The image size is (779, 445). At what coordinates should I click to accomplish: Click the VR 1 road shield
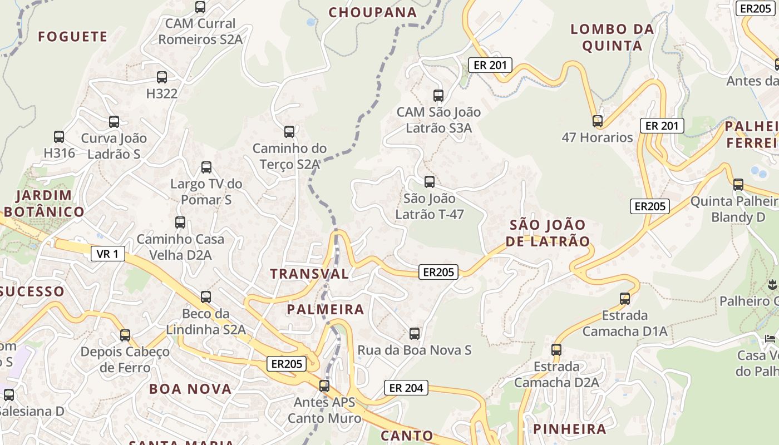[x=107, y=254]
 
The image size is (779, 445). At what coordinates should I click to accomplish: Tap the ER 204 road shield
[x=406, y=388]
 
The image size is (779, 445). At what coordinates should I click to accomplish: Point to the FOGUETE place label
[x=73, y=37]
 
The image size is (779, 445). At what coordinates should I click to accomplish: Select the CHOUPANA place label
[x=373, y=12]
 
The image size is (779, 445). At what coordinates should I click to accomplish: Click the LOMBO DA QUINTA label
[x=612, y=37]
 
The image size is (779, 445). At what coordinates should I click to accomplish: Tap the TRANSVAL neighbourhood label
[x=309, y=274]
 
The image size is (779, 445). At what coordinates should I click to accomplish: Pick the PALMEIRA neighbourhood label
[x=326, y=309]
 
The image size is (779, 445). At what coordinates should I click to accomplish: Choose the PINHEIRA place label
[x=570, y=429]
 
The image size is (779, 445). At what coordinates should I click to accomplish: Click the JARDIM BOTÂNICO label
[x=45, y=204]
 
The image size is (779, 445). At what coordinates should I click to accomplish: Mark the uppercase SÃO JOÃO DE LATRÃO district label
[x=549, y=233]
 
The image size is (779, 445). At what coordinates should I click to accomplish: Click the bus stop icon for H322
[x=162, y=77]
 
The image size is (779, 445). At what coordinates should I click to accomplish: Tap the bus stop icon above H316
[x=59, y=136]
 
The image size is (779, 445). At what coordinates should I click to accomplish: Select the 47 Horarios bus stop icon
[x=598, y=121]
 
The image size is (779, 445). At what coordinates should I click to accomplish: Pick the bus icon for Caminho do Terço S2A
[x=289, y=132]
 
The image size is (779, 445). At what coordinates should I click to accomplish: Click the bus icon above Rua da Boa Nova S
[x=415, y=334]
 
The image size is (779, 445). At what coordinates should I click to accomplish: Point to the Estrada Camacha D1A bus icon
[x=625, y=299]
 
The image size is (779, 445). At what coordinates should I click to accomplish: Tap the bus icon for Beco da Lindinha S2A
[x=206, y=297]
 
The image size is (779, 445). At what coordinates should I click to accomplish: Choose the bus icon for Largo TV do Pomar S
[x=206, y=167]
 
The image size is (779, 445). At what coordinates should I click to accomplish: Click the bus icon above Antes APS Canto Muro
[x=324, y=385]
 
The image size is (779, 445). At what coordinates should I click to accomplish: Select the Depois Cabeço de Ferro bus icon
[x=125, y=335]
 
